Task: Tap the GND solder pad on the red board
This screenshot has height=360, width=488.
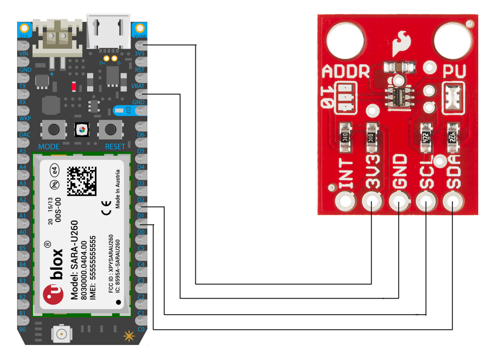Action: coord(399,201)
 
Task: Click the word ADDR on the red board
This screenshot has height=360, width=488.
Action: coord(346,72)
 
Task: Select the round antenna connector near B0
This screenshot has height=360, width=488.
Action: coord(61,334)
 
